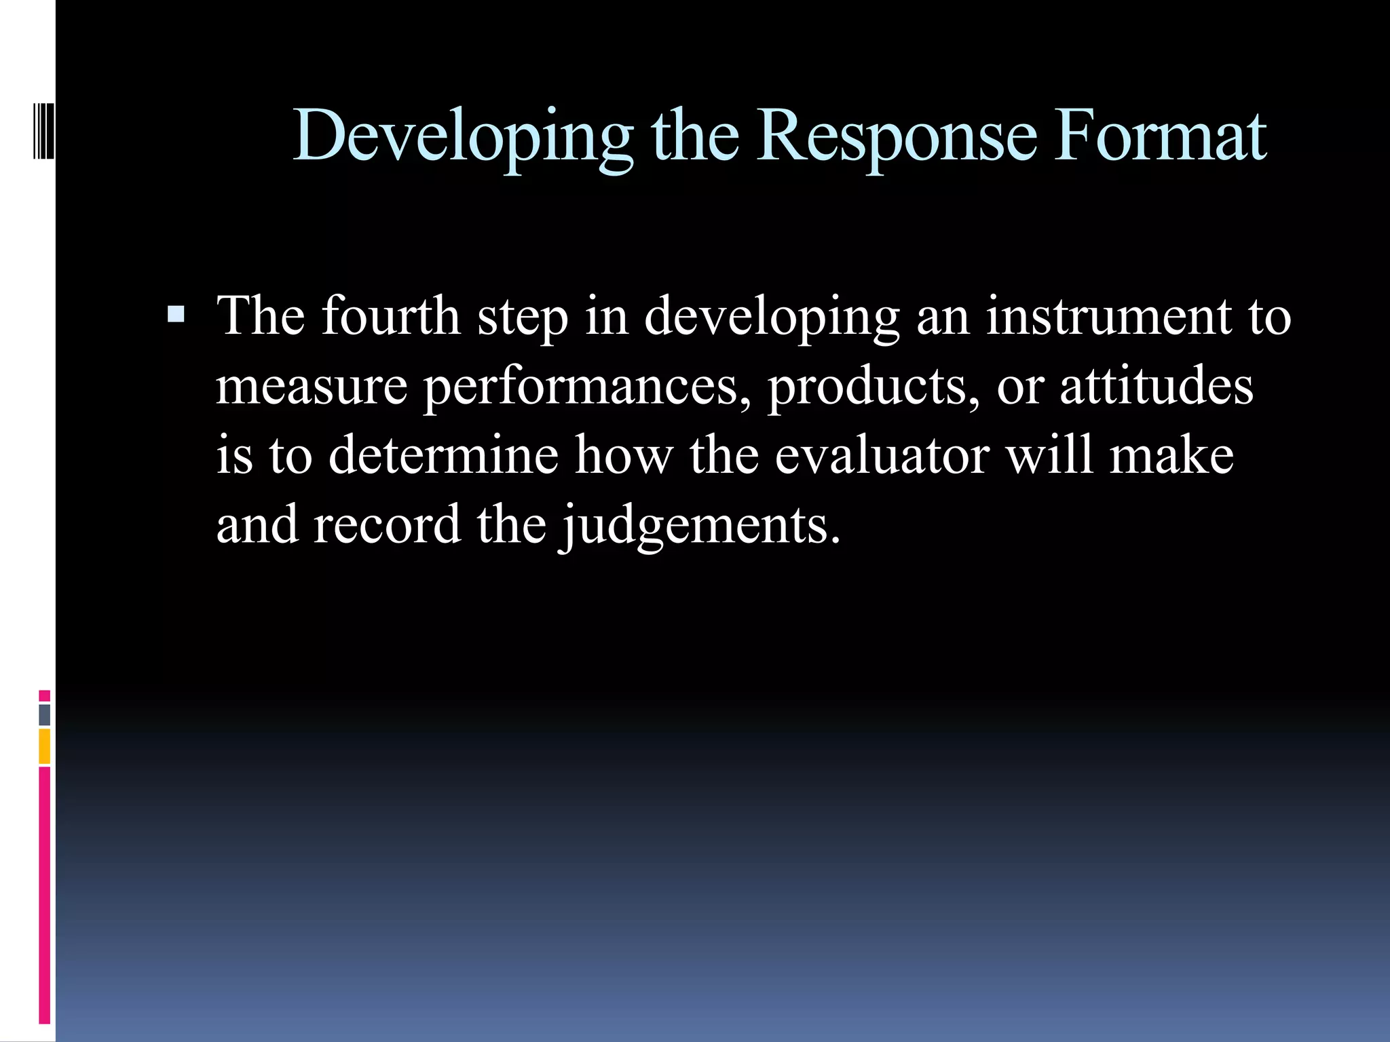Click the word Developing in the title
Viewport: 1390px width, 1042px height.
click(x=463, y=138)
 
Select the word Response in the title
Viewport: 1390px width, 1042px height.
click(x=897, y=138)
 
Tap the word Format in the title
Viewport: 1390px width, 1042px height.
click(x=1160, y=138)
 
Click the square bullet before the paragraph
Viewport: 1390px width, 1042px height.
click(x=176, y=314)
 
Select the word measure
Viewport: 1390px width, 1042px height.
click(x=312, y=386)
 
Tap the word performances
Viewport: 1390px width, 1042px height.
click(x=588, y=386)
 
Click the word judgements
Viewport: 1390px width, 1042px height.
click(x=700, y=526)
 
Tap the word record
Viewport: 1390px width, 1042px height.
click(x=386, y=526)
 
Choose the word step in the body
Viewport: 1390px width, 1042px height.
click(x=523, y=318)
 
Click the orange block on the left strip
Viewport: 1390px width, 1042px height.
click(x=44, y=746)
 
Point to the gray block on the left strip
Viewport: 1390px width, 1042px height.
click(x=44, y=715)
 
